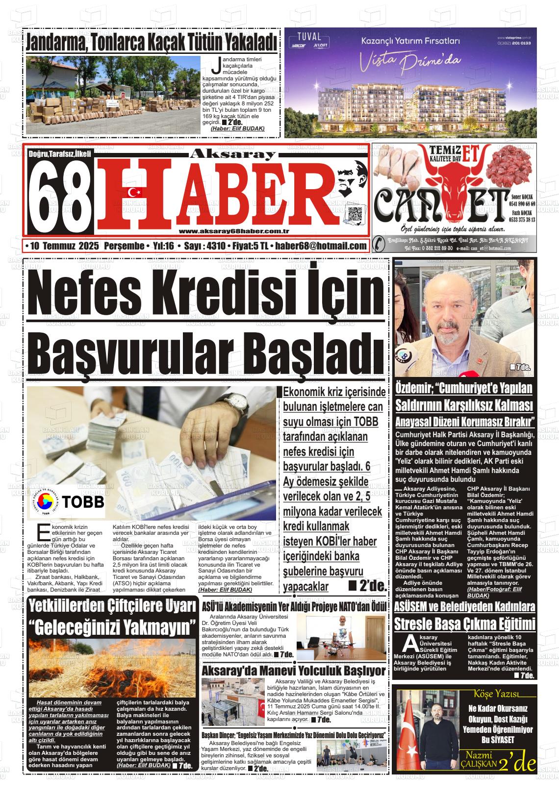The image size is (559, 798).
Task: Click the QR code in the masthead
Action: (355, 215)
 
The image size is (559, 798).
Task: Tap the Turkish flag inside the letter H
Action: (134, 192)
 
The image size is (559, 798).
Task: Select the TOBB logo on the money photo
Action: (67, 501)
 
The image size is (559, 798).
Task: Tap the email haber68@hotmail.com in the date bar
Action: (321, 246)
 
